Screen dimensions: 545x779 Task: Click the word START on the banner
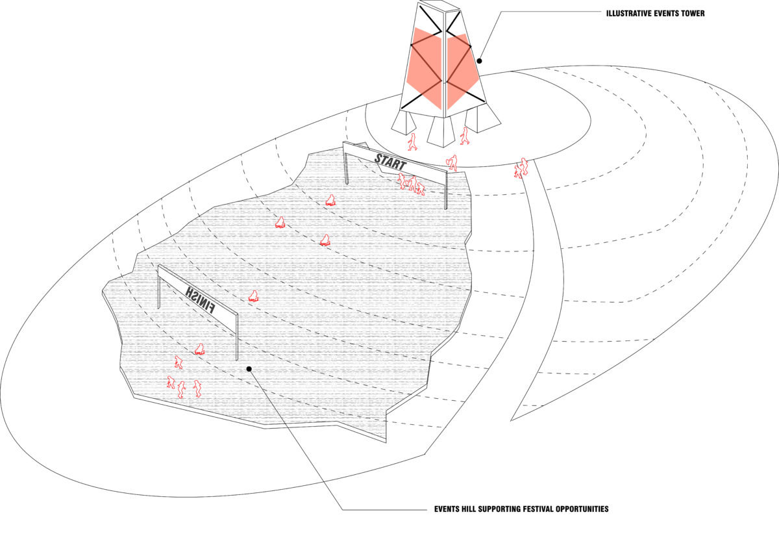point(390,161)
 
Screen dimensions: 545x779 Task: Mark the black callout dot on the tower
point(480,61)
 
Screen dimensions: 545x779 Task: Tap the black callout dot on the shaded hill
point(249,369)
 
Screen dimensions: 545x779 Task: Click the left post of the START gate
point(347,166)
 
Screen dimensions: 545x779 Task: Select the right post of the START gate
point(447,188)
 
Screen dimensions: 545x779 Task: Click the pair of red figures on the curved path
point(521,168)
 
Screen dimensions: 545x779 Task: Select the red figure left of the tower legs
point(412,141)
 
